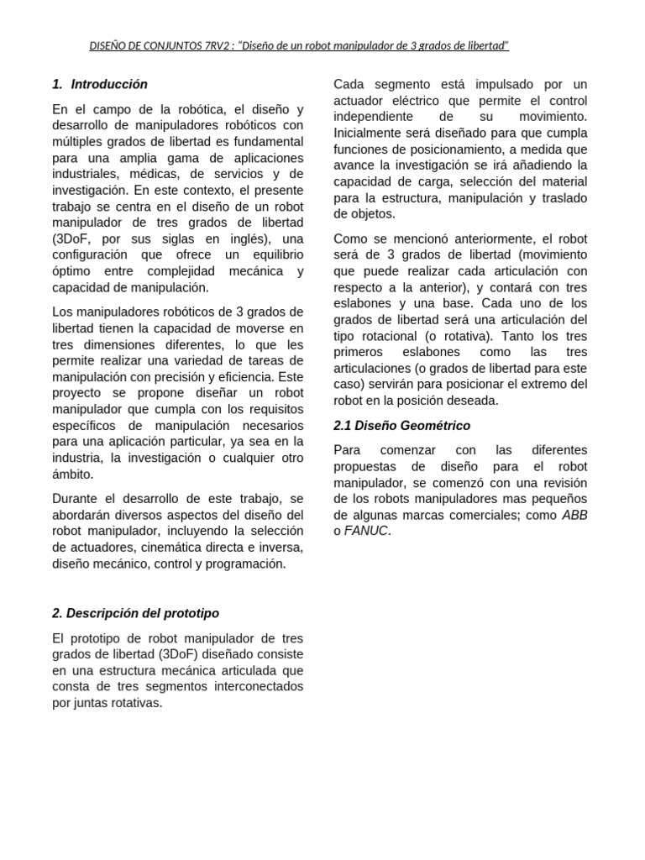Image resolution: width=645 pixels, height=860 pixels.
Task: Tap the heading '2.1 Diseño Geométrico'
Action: (x=401, y=426)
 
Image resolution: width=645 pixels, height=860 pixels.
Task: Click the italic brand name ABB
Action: (x=574, y=515)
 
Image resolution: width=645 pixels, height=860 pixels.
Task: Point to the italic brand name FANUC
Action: (x=367, y=531)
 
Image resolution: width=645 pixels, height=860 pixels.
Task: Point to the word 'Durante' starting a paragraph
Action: (x=76, y=499)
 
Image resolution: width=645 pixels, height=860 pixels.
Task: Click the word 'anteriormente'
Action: (x=490, y=239)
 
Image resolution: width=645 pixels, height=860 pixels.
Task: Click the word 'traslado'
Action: (x=563, y=198)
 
